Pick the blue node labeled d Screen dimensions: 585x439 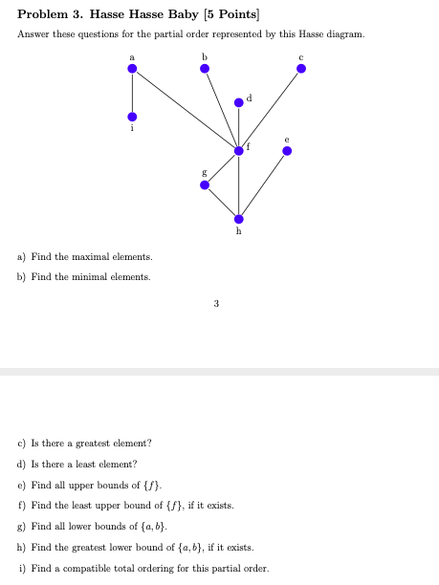(x=238, y=103)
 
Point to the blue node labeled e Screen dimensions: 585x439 (x=286, y=150)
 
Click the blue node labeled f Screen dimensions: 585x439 (x=238, y=150)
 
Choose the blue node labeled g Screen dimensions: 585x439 (x=204, y=184)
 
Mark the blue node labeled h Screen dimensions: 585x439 (x=238, y=219)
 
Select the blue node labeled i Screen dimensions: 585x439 (x=132, y=117)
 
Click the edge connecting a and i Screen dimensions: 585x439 (x=132, y=93)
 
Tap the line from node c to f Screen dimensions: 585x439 (x=270, y=109)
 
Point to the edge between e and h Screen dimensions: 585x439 (x=262, y=184)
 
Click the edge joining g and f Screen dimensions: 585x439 (x=221, y=167)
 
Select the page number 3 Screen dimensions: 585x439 (x=216, y=304)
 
